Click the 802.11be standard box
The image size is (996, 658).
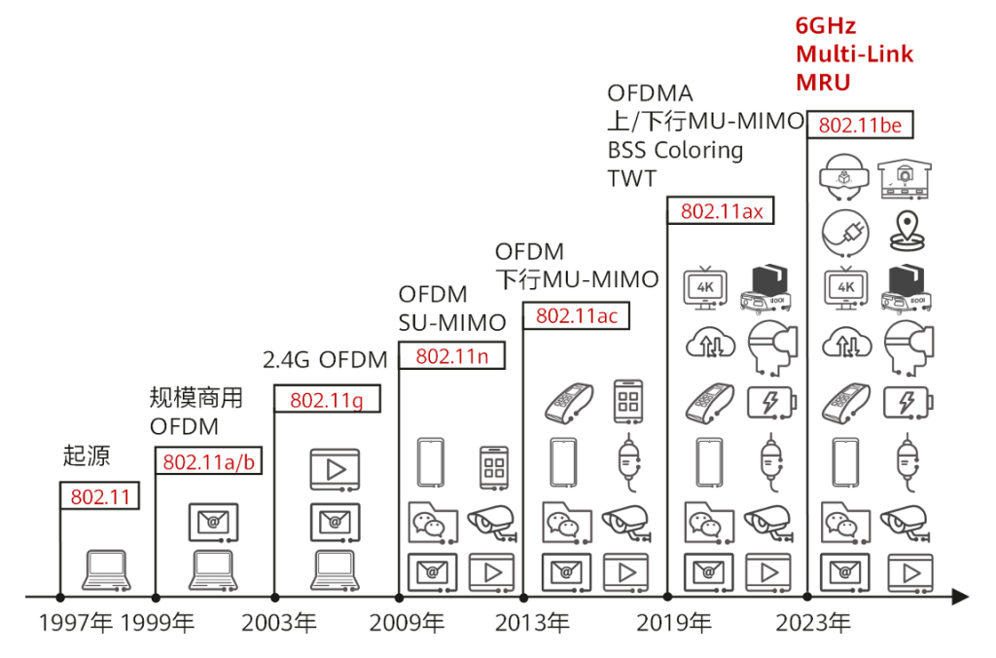[860, 125]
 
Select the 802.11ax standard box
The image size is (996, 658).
[721, 210]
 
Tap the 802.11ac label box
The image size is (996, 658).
[576, 315]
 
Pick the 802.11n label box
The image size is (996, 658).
[451, 355]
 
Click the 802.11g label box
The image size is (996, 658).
[327, 399]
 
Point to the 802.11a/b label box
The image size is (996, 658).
[208, 460]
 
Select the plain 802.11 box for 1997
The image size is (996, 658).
[100, 495]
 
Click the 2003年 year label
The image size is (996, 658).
[279, 623]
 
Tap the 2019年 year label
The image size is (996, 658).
[674, 623]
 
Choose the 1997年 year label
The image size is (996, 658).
[76, 623]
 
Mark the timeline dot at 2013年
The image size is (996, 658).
[523, 598]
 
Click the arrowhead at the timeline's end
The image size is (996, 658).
[960, 597]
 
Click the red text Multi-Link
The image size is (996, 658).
[854, 55]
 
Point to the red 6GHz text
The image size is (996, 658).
[826, 26]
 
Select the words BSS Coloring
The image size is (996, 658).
[675, 150]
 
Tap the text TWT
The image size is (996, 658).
[631, 179]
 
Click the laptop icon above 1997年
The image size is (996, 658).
[106, 570]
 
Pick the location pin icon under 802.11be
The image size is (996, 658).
[907, 232]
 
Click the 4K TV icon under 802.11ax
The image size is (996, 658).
[705, 288]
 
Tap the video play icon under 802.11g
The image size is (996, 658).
[335, 470]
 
